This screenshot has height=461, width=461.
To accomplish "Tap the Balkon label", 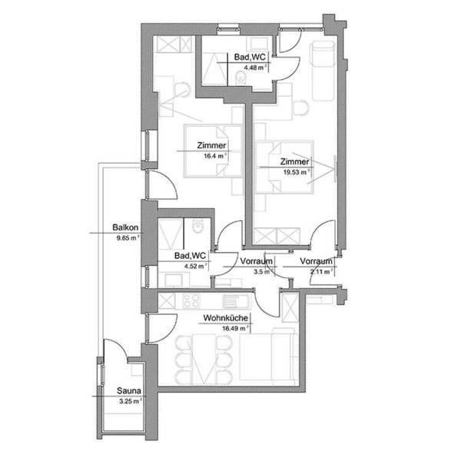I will point(124,228).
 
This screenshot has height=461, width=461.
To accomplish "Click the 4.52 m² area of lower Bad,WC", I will point(196,267).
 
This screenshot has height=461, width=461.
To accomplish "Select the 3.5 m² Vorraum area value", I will point(261,271).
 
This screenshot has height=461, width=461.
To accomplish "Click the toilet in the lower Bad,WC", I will point(197,228).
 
